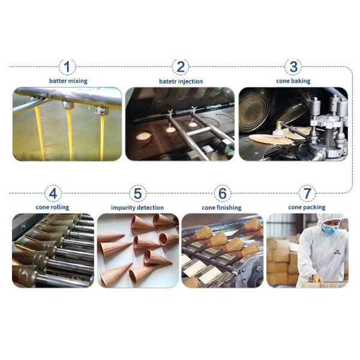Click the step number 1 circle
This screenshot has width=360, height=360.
click(67, 67)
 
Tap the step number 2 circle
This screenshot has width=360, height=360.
click(181, 67)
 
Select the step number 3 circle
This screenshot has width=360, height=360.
click(293, 67)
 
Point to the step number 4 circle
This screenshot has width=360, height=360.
click(53, 193)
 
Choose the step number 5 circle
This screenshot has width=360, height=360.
click(137, 193)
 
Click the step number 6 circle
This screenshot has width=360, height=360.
click(222, 193)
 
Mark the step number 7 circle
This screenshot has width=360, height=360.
click(307, 193)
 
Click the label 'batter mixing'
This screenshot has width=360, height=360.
click(68, 81)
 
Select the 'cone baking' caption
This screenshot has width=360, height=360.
click(293, 81)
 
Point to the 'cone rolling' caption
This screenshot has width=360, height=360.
click(52, 208)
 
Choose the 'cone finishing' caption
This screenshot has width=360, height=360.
click(221, 208)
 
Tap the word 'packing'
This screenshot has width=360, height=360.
click(314, 208)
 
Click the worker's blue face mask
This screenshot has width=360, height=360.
click(329, 229)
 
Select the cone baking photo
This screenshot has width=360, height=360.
click(293, 124)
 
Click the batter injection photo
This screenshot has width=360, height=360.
click(180, 124)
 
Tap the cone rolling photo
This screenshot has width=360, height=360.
click(53, 250)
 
